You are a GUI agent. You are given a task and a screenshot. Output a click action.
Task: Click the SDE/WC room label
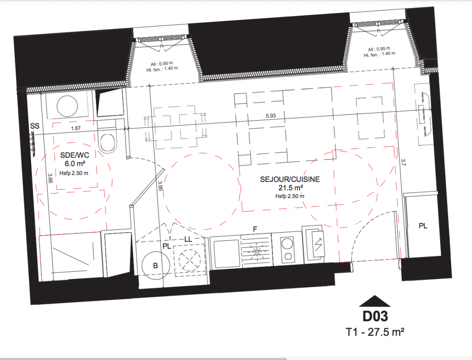click(x=75, y=155)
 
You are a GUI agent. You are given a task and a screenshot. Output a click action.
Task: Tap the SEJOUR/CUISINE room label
click(x=290, y=180)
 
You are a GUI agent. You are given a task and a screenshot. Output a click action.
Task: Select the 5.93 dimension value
click(x=270, y=116)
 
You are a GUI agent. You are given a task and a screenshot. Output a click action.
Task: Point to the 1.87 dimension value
click(x=76, y=128)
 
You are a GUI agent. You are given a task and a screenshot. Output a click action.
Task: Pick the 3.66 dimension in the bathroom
click(x=50, y=178)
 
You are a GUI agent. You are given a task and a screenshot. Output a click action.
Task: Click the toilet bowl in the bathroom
click(x=108, y=143)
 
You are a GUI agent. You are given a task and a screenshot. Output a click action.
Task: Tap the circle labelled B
click(x=155, y=265)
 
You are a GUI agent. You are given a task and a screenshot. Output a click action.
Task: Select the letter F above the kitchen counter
click(x=255, y=229)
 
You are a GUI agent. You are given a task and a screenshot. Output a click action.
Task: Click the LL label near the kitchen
click(x=188, y=239)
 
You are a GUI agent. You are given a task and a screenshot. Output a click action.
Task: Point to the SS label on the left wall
click(x=35, y=126)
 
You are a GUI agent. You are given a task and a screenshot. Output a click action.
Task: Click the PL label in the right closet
click(x=423, y=226)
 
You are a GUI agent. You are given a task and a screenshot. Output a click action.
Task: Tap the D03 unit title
click(x=375, y=316)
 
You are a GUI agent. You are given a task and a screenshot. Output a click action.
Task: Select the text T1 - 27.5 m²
click(x=375, y=332)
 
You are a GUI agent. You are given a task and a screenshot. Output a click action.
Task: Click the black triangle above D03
click(x=375, y=301)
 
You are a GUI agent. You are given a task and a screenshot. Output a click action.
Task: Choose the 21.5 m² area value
click(x=291, y=188)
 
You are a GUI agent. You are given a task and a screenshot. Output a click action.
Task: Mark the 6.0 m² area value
click(x=75, y=164)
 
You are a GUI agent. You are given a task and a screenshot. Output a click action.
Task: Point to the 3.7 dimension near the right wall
click(x=403, y=162)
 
